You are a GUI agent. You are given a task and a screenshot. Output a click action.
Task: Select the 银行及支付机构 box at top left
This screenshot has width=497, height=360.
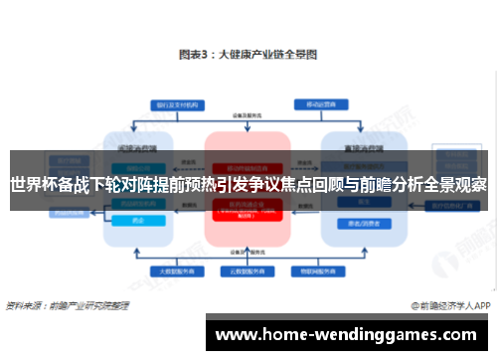point(167,104)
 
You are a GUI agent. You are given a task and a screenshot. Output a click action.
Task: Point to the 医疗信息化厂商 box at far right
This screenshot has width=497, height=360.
point(453,206)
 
